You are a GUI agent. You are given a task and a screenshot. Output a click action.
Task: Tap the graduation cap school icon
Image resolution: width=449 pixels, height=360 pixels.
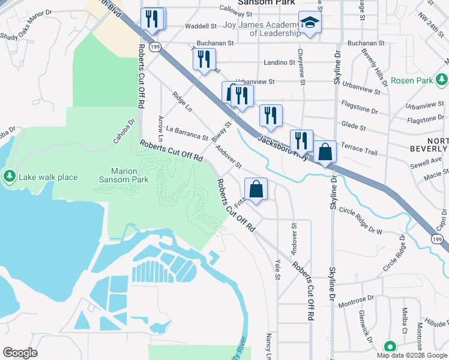(x=310, y=23)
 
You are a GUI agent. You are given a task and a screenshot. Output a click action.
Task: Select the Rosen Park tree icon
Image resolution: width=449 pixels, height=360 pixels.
(x=442, y=79)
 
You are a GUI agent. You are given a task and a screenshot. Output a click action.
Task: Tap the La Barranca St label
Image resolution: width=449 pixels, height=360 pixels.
(x=187, y=133)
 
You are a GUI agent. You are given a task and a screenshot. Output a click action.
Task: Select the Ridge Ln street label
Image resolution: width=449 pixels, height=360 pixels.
(x=181, y=101)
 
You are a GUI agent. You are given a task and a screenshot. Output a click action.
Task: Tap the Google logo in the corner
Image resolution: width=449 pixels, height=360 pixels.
(x=20, y=353)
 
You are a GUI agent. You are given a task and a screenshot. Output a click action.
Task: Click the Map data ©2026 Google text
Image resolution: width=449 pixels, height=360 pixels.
(x=412, y=355)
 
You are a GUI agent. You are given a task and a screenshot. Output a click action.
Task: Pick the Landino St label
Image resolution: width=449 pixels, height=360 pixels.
(x=280, y=62)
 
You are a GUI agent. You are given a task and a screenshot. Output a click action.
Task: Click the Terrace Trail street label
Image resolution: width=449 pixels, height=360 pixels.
(x=359, y=149)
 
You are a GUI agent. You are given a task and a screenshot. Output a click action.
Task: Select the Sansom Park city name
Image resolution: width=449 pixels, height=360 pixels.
(x=267, y=3)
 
